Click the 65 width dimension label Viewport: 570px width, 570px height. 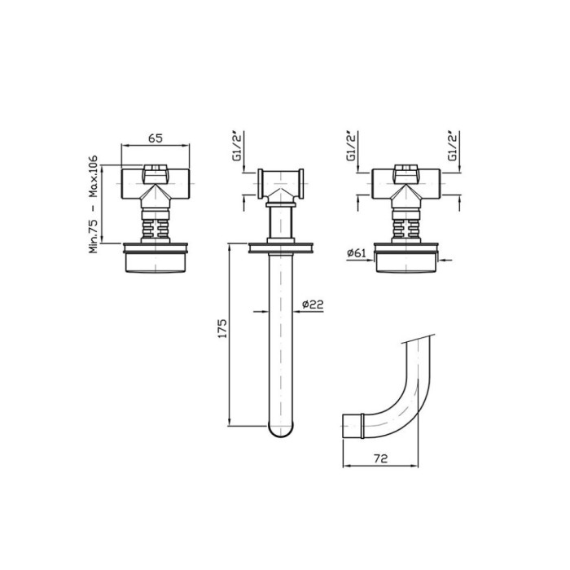click(156, 138)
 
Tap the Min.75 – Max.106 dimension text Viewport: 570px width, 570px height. click(94, 204)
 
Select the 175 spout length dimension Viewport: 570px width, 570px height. click(222, 328)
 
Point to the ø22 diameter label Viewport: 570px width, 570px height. click(312, 305)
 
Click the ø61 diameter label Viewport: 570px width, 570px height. click(357, 252)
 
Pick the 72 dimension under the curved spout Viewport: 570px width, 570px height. click(380, 458)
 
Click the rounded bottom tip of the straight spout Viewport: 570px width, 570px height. click(281, 432)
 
